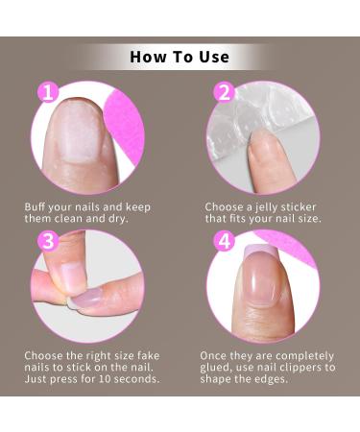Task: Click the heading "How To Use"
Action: pyautogui.click(x=180, y=57)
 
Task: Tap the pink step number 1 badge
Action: pyautogui.click(x=48, y=93)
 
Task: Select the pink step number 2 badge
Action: pyautogui.click(x=225, y=93)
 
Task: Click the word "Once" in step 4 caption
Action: pyautogui.click(x=214, y=355)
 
